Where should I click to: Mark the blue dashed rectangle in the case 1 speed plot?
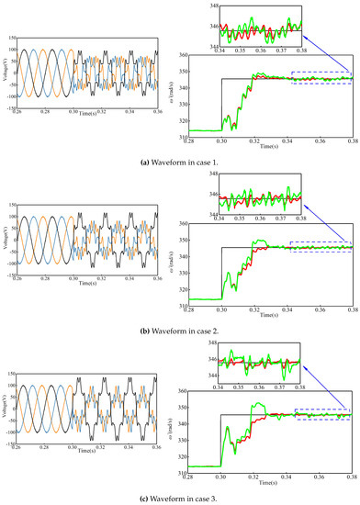pyautogui.click(x=321, y=78)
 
